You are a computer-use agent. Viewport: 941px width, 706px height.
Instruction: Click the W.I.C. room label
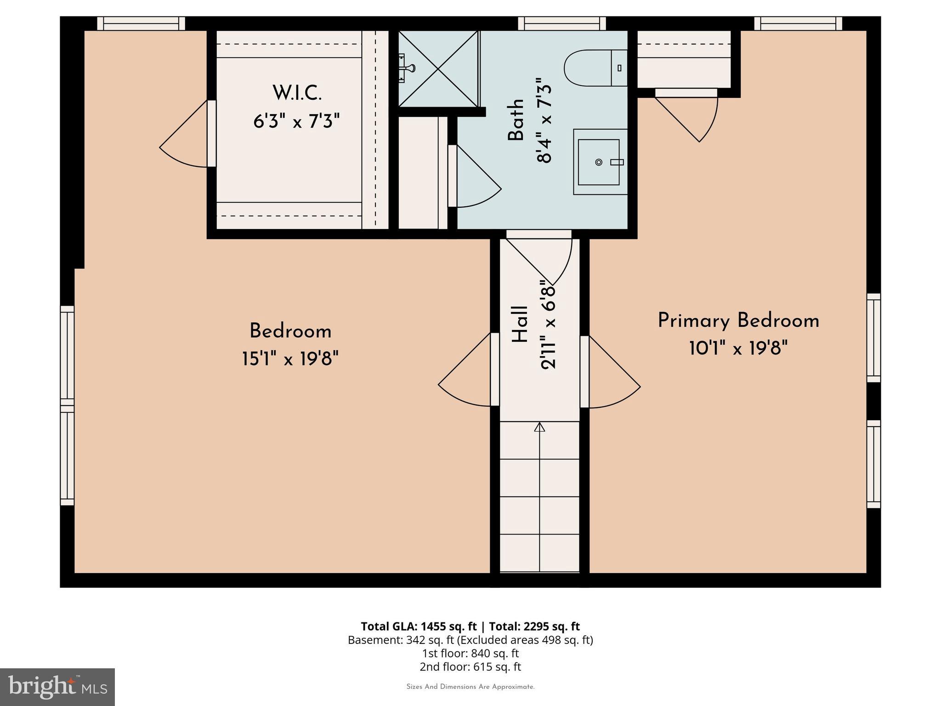pyautogui.click(x=297, y=93)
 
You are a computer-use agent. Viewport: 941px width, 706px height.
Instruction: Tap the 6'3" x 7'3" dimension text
pyautogui.click(x=296, y=122)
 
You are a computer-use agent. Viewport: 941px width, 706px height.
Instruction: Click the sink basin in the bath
pyautogui.click(x=598, y=162)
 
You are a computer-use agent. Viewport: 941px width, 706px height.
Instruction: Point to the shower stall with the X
pyautogui.click(x=438, y=68)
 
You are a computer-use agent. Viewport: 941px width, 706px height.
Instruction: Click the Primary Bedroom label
pyautogui.click(x=738, y=321)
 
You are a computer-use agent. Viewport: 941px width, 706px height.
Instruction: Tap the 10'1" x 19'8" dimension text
pyautogui.click(x=738, y=348)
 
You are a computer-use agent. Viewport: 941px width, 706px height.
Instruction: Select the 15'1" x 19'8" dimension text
pyautogui.click(x=290, y=359)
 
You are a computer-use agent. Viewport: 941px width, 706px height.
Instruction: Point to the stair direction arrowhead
pyautogui.click(x=539, y=427)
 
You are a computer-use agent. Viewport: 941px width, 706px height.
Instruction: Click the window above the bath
pyautogui.click(x=562, y=23)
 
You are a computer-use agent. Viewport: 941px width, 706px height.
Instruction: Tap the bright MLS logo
pyautogui.click(x=57, y=687)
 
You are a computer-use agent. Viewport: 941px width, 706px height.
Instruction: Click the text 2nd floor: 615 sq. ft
pyautogui.click(x=470, y=667)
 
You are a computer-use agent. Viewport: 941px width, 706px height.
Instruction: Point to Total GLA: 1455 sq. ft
pyautogui.click(x=419, y=626)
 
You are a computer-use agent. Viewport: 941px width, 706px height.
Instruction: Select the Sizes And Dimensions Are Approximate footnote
pyautogui.click(x=470, y=687)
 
